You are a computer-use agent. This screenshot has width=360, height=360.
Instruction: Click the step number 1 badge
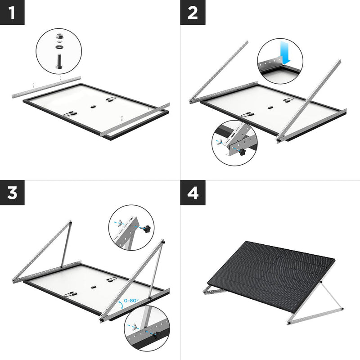click(x=12, y=12)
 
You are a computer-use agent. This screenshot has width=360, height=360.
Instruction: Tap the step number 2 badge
click(x=193, y=12)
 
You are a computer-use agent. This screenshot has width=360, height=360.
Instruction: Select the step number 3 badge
click(x=12, y=193)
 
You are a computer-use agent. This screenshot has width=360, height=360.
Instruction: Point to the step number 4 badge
click(x=193, y=193)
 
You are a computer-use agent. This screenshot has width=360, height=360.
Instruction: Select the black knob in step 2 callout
click(x=242, y=152)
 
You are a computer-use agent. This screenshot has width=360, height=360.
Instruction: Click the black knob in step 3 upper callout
click(x=146, y=230)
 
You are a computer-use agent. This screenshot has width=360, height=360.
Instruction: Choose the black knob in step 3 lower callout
click(x=155, y=334)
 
